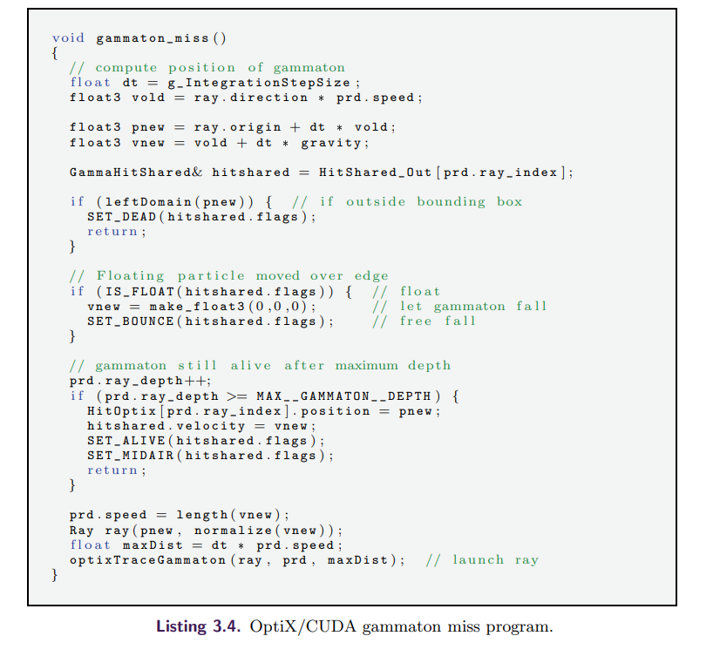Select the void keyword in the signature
68,37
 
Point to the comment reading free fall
438,321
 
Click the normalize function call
231,530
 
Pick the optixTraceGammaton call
148,559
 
